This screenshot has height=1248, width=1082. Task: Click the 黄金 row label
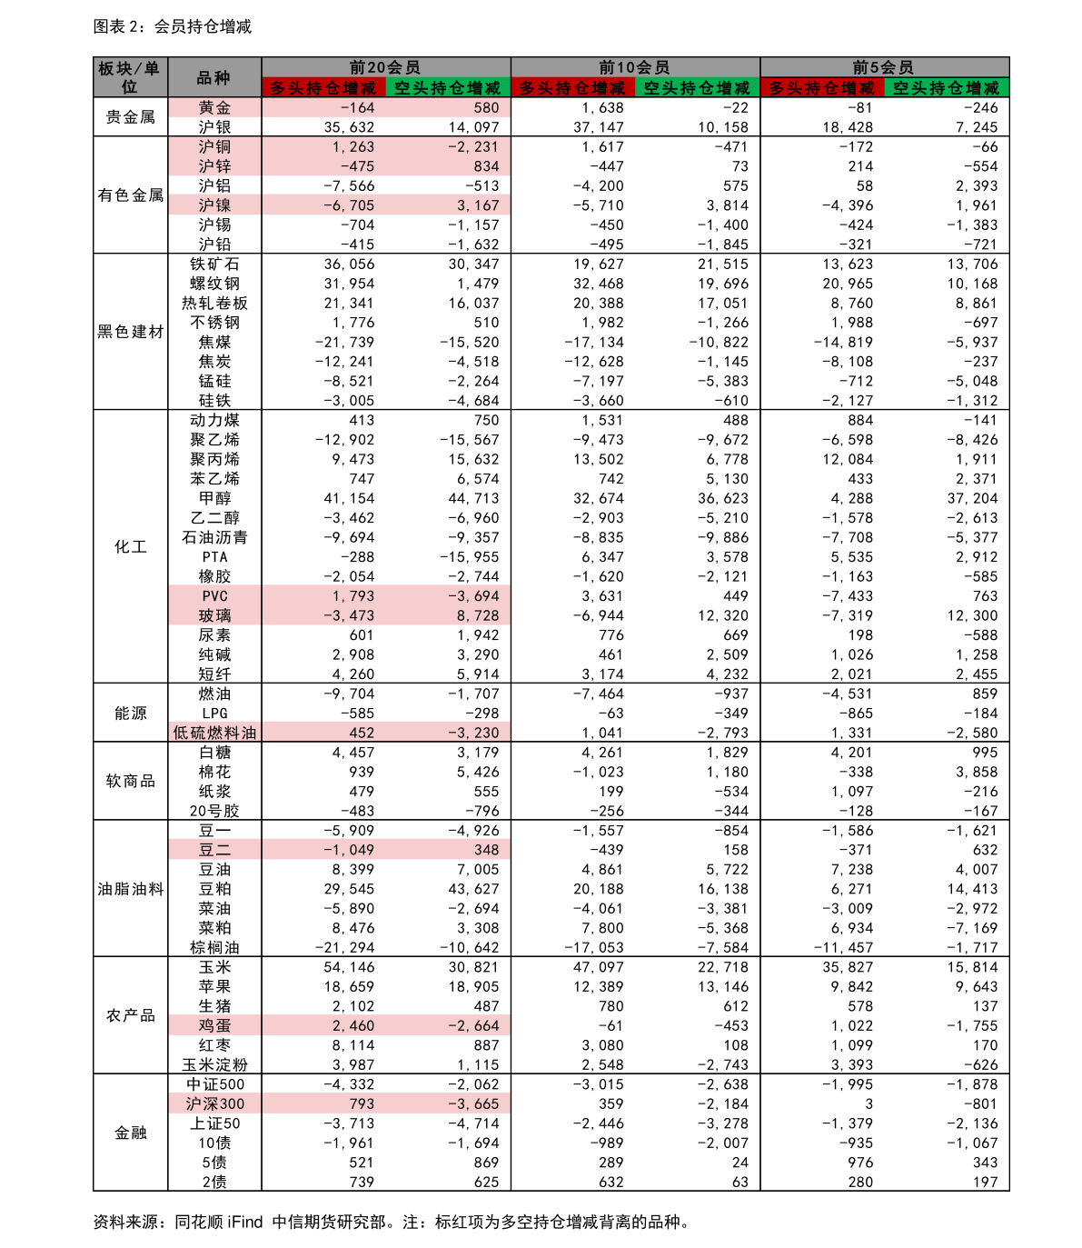(214, 108)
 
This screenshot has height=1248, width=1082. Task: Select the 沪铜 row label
(214, 147)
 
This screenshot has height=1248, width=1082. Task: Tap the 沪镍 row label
(214, 205)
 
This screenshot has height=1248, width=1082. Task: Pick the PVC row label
(214, 596)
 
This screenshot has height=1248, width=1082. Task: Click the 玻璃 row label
(214, 616)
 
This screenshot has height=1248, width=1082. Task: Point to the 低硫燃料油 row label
(214, 733)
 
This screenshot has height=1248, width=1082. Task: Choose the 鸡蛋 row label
(214, 1026)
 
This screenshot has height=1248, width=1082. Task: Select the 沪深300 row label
(214, 1104)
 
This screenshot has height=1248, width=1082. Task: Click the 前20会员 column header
(385, 67)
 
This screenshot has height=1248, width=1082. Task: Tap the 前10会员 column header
(634, 67)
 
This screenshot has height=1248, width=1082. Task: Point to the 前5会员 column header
(883, 67)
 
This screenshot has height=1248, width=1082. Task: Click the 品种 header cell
(213, 78)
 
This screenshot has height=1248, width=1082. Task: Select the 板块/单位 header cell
(130, 78)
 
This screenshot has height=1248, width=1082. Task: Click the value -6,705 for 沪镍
(349, 205)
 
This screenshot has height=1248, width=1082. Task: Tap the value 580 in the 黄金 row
(486, 108)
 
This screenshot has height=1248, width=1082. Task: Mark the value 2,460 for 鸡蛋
(353, 1026)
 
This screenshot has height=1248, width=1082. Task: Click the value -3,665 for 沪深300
(473, 1104)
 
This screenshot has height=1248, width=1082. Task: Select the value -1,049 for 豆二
(349, 850)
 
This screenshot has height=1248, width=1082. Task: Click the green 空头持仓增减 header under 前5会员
(946, 88)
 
